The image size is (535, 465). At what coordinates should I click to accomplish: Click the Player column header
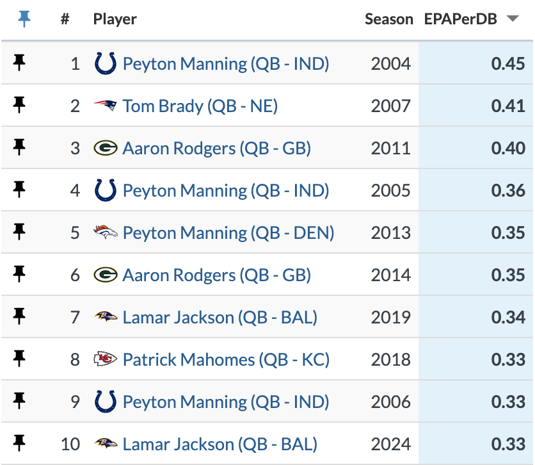pyautogui.click(x=115, y=19)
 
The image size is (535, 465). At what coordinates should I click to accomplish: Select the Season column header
pyautogui.click(x=388, y=19)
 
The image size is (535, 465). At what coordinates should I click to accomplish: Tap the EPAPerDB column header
pyautogui.click(x=460, y=19)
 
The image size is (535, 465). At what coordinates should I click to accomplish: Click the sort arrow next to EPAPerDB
pyautogui.click(x=512, y=19)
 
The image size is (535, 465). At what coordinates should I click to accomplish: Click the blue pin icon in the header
pyautogui.click(x=24, y=19)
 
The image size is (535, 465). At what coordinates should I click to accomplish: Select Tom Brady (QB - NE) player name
pyautogui.click(x=200, y=106)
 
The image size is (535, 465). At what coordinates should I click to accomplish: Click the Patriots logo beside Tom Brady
pyautogui.click(x=105, y=106)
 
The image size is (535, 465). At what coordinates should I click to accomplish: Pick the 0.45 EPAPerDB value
pyautogui.click(x=508, y=63)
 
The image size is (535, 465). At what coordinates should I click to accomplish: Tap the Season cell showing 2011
pyautogui.click(x=390, y=148)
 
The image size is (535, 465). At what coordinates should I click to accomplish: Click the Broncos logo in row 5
pyautogui.click(x=105, y=232)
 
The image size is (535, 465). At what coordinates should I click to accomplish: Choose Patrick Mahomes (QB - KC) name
pyautogui.click(x=226, y=359)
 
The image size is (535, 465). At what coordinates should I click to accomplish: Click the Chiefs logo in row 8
pyautogui.click(x=105, y=359)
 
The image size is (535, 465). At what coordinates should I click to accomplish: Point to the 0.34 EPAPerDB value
pyautogui.click(x=508, y=317)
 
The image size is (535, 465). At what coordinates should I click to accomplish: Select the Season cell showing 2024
pyautogui.click(x=390, y=444)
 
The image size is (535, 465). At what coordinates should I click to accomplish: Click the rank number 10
pyautogui.click(x=70, y=444)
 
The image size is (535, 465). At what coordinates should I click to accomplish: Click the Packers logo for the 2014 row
pyautogui.click(x=105, y=275)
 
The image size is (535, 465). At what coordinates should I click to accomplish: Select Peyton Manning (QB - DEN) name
pyautogui.click(x=228, y=232)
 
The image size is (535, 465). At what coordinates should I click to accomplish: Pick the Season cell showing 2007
pyautogui.click(x=390, y=106)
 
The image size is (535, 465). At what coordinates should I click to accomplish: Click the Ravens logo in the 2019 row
pyautogui.click(x=105, y=317)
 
